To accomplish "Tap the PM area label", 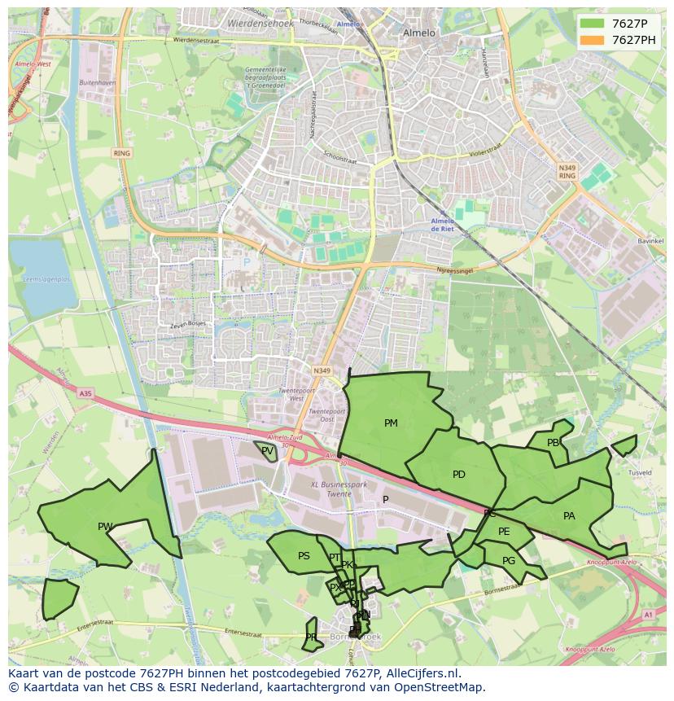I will click(391, 423).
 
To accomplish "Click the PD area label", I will click(459, 475).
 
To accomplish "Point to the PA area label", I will click(569, 516).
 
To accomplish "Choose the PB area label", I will click(554, 443).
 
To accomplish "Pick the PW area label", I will click(105, 527).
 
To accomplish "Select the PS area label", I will click(304, 556).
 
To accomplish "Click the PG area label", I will click(509, 561).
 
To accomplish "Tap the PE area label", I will click(504, 532).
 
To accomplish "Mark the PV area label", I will click(267, 450).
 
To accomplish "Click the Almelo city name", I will click(419, 33).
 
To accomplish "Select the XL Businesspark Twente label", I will click(339, 489).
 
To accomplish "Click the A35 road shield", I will click(85, 393).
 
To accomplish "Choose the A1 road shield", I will click(647, 615).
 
